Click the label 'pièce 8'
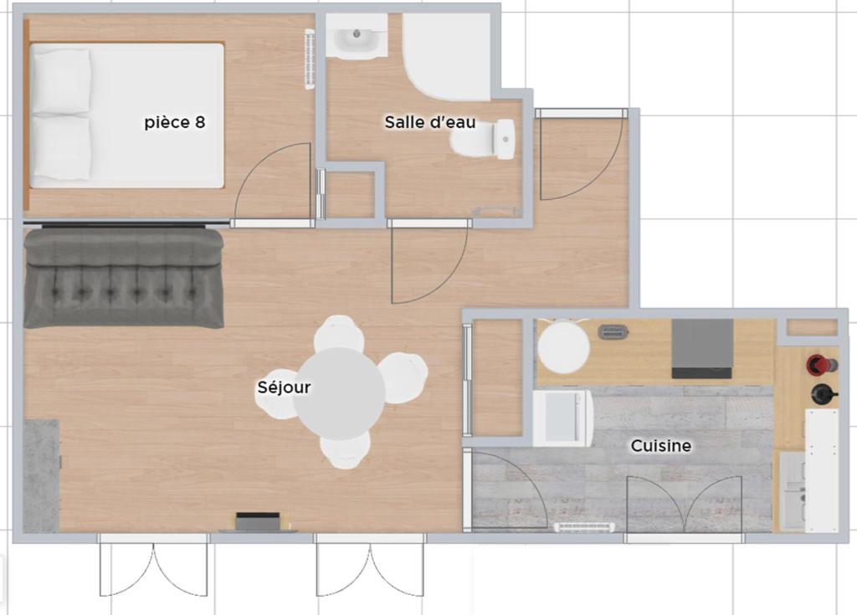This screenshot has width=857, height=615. tap(175, 122)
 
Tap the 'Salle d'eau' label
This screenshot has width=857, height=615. tap(430, 122)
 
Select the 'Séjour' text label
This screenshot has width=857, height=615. tap(285, 387)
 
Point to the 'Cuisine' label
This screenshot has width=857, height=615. tap(661, 445)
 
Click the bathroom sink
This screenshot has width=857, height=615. tap(357, 36)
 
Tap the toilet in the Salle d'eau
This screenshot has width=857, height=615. tap(483, 140)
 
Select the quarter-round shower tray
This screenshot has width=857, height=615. tap(447, 57)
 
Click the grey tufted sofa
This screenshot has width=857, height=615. tap(124, 279)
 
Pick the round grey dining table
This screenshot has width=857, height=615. tap(339, 393)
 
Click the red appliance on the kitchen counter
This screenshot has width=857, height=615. tap(820, 363)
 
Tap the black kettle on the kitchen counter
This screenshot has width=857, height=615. tap(824, 393)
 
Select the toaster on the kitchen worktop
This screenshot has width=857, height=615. tap(613, 331)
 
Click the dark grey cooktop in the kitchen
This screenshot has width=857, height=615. tap(702, 349)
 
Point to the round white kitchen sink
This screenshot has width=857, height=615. tap(563, 347)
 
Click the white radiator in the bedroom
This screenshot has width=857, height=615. tap(310, 59)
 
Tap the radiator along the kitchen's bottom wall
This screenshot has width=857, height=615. tap(584, 527)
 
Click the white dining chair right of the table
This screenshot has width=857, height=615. tap(404, 377)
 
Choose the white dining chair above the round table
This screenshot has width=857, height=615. tap(339, 334)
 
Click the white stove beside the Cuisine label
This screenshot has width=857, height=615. tap(562, 418)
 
